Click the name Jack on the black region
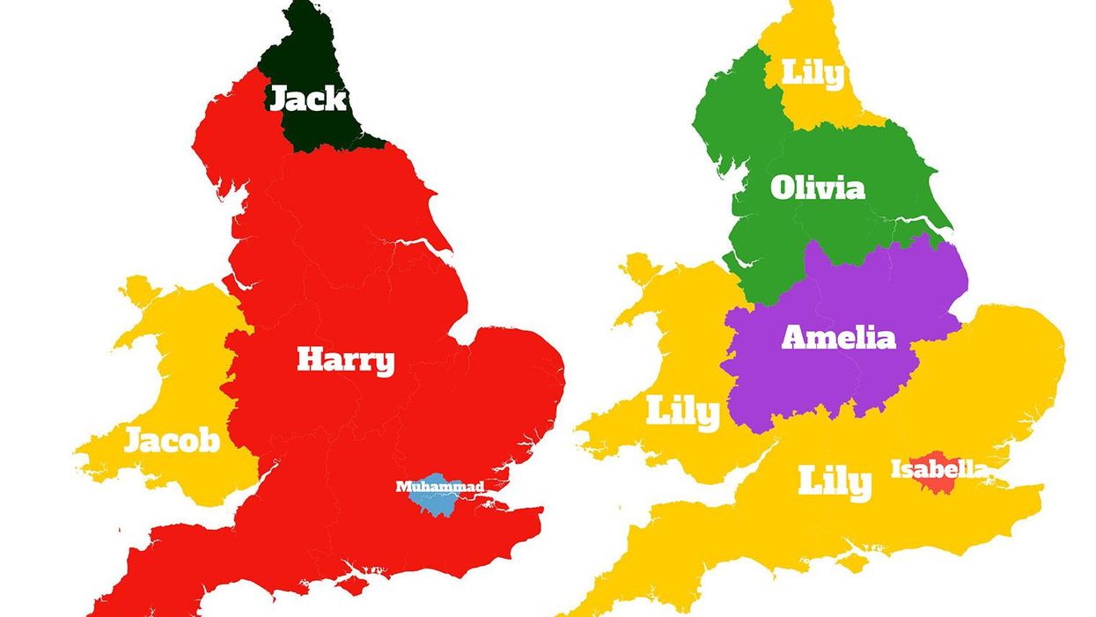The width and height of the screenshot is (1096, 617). [x=307, y=99]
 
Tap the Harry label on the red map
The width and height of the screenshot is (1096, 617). [x=345, y=360]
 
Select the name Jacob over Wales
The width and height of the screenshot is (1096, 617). [x=172, y=439]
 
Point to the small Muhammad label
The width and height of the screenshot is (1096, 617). [x=439, y=486]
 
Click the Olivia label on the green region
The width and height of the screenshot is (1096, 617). [x=817, y=187]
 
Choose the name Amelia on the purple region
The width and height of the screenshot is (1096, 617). [x=838, y=338]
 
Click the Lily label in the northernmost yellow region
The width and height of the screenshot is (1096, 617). [x=813, y=74]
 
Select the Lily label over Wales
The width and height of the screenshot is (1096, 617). [x=682, y=412]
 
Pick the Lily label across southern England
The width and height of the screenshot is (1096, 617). [x=835, y=482]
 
